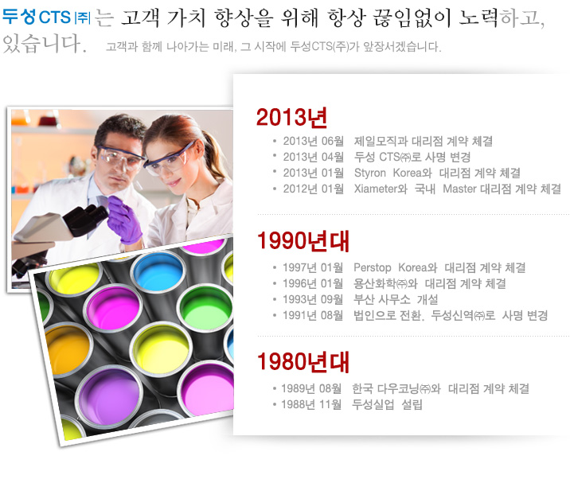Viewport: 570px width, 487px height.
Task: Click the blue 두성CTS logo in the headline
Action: [x=46, y=17]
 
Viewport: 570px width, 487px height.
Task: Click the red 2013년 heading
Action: [x=291, y=117]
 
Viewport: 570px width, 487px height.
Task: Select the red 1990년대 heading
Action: [x=303, y=241]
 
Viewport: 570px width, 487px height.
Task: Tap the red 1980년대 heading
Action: [x=303, y=362]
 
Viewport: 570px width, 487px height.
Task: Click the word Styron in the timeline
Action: [x=369, y=173]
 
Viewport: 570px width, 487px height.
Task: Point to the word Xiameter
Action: [x=376, y=189]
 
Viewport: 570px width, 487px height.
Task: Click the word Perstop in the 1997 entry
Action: [x=373, y=268]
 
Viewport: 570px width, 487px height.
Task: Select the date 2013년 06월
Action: [x=314, y=141]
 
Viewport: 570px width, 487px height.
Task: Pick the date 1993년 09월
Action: [x=313, y=299]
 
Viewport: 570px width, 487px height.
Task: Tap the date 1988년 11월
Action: [x=311, y=404]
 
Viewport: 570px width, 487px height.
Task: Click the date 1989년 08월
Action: [x=311, y=388]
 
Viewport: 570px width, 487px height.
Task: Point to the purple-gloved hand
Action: [x=124, y=220]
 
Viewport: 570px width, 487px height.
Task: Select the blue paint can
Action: [x=158, y=272]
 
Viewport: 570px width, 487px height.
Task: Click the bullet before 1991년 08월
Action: [x=275, y=315]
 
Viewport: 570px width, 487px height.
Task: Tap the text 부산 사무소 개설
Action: [x=396, y=299]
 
